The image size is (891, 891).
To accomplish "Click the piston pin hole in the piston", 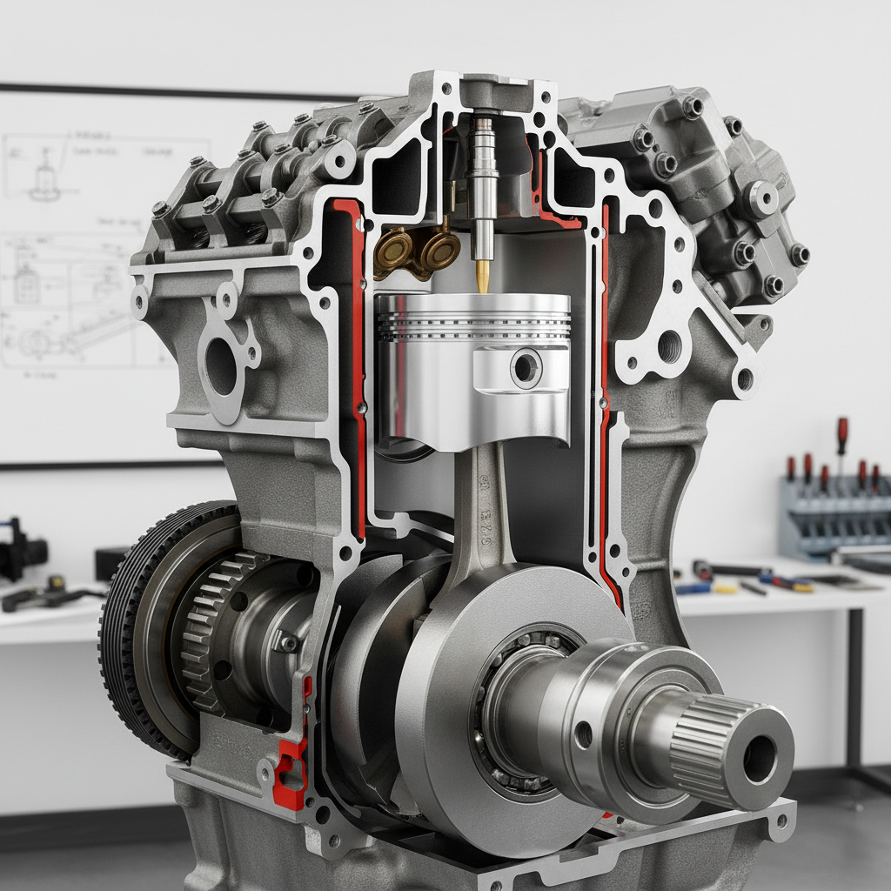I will click(526, 368).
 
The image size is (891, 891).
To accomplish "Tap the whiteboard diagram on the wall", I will click(87, 261).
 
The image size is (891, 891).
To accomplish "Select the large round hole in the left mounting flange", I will click(222, 365).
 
